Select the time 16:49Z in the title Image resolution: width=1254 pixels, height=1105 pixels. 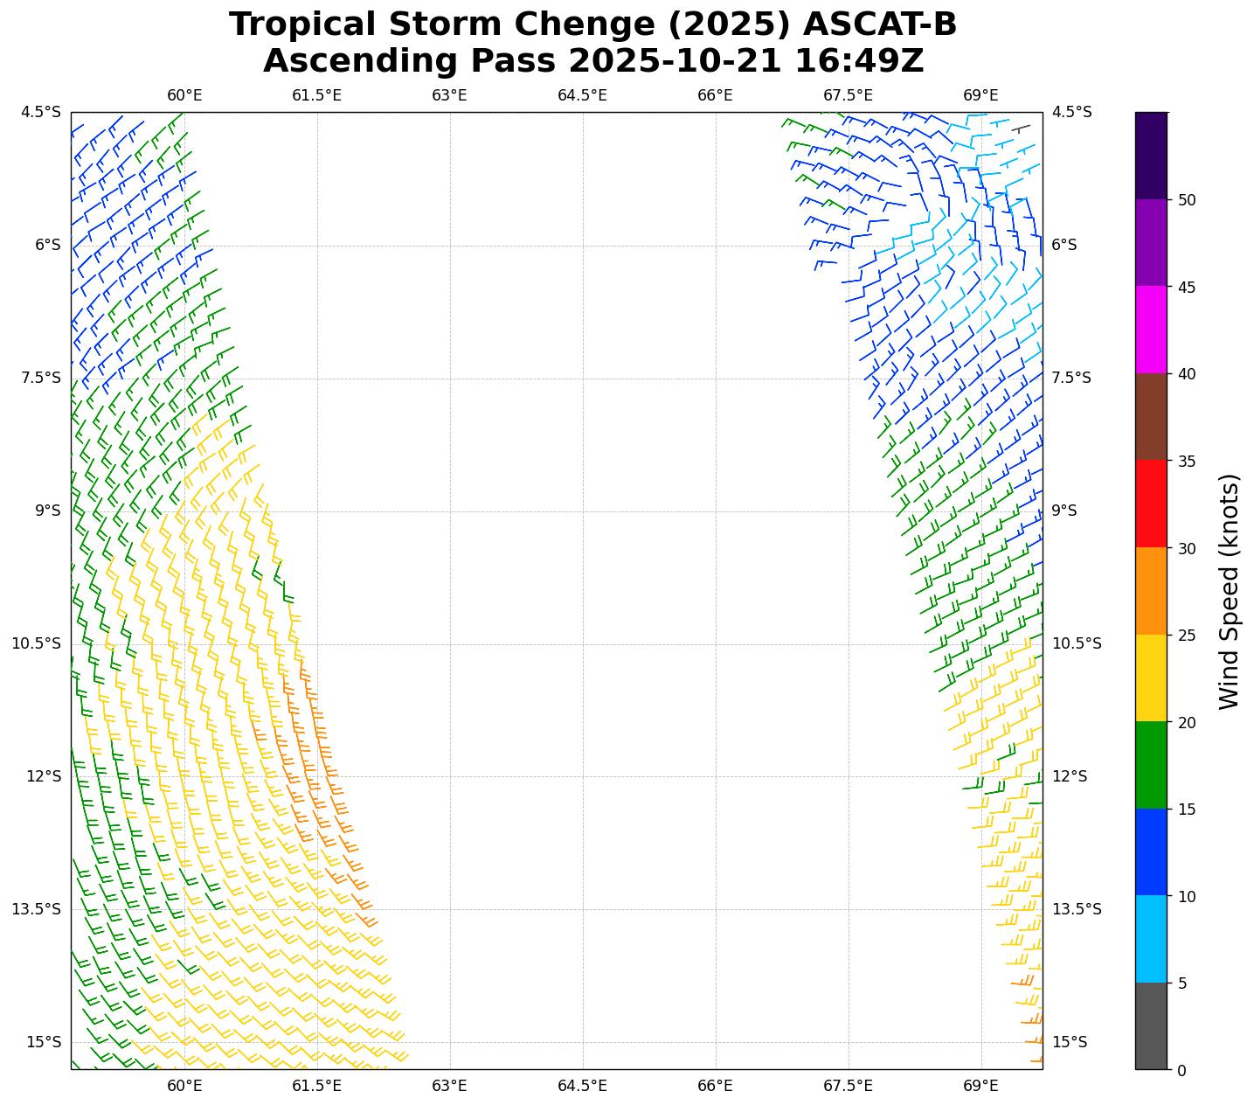click(859, 61)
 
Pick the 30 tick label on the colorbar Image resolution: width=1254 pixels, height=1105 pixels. click(1187, 548)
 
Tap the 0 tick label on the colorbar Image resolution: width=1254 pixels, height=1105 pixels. click(1182, 1070)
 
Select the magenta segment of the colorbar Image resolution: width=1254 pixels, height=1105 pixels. click(1151, 330)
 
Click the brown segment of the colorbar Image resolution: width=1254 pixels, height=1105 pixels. click(1151, 417)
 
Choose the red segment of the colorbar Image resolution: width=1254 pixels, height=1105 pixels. click(1151, 504)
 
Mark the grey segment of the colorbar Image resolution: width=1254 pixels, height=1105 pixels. click(1151, 1025)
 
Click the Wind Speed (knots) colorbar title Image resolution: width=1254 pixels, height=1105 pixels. click(1229, 592)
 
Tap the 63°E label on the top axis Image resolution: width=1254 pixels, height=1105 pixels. click(449, 95)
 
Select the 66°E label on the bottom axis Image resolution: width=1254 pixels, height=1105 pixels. click(715, 1086)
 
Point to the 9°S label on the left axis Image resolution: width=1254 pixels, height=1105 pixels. click(48, 511)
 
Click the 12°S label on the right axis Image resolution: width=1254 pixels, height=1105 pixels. click(1070, 776)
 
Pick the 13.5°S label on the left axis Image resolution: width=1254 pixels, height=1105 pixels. click(37, 909)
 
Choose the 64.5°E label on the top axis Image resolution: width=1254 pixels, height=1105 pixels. click(582, 95)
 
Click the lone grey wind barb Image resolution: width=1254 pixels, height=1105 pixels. click(1020, 129)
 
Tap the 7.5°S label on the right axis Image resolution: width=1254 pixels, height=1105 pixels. click(1070, 378)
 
